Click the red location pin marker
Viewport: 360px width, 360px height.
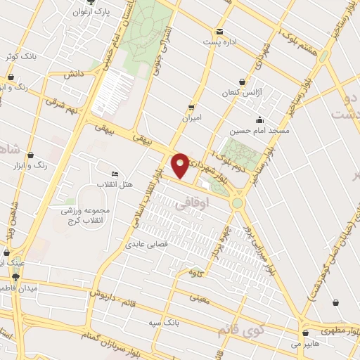point(181,165)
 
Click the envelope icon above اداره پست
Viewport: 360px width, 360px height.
point(220,31)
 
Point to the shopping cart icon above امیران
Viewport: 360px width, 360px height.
point(191,107)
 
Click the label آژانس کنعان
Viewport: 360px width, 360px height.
point(240,93)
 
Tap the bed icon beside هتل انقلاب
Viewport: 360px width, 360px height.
point(115,174)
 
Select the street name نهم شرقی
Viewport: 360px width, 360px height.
point(60,103)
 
